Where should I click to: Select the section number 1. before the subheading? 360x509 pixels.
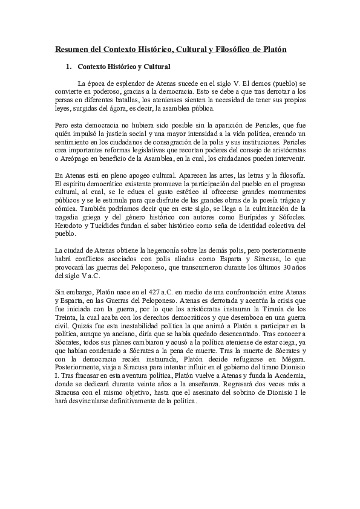(70, 66)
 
